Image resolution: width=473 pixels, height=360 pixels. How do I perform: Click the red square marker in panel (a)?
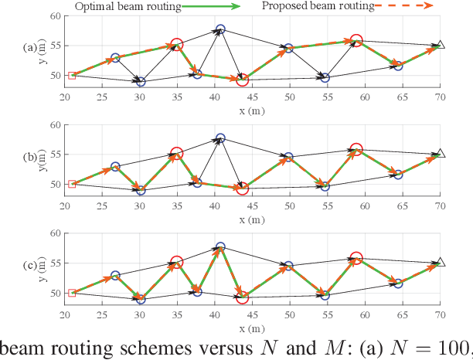point(72,76)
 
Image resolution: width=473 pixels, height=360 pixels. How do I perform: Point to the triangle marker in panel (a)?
point(440,46)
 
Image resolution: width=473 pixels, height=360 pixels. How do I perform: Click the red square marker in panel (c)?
point(72,293)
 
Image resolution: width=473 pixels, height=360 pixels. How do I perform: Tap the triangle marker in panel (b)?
point(440,154)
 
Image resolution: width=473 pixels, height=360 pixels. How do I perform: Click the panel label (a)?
point(32,47)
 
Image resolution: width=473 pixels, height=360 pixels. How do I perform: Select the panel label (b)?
point(32,155)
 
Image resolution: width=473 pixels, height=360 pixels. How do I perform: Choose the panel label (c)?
point(32,264)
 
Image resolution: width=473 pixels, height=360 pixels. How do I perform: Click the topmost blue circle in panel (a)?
point(220,29)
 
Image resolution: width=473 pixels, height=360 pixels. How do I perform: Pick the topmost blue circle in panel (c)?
point(220,247)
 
